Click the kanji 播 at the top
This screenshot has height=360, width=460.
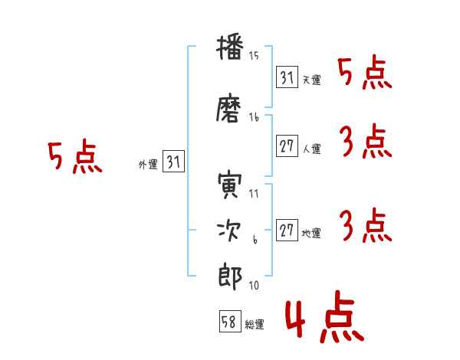pyautogui.click(x=230, y=48)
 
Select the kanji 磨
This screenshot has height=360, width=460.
pyautogui.click(x=228, y=108)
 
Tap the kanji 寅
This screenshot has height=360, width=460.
pyautogui.click(x=230, y=185)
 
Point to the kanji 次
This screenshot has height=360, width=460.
pyautogui.click(x=229, y=231)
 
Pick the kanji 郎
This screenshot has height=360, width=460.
pyautogui.click(x=230, y=277)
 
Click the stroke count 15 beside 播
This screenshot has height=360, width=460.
pyautogui.click(x=254, y=56)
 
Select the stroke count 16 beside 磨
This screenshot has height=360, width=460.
pyautogui.click(x=254, y=117)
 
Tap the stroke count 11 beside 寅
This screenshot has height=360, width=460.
pyautogui.click(x=254, y=194)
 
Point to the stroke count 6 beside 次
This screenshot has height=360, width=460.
pyautogui.click(x=255, y=240)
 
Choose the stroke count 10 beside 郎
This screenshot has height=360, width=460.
pyautogui.click(x=254, y=285)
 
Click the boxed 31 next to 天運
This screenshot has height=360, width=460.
pyautogui.click(x=287, y=77)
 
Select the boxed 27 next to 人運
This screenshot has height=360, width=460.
pyautogui.click(x=287, y=146)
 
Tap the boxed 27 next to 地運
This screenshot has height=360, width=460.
pyautogui.click(x=287, y=230)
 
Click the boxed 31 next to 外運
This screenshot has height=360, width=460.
pyautogui.click(x=173, y=162)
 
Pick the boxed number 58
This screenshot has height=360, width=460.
pyautogui.click(x=230, y=321)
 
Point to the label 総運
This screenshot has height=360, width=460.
pyautogui.click(x=255, y=325)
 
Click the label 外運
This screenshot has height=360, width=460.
pyautogui.click(x=148, y=165)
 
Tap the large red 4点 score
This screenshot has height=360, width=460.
pyautogui.click(x=325, y=316)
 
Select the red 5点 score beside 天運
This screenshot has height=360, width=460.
pyautogui.click(x=364, y=74)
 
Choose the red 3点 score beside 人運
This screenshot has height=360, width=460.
pyautogui.click(x=366, y=141)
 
